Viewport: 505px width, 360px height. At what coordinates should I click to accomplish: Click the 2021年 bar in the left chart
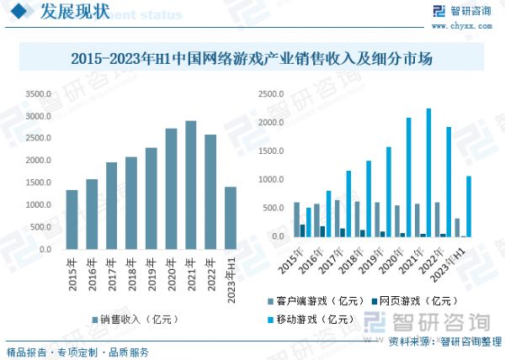(x=191, y=185)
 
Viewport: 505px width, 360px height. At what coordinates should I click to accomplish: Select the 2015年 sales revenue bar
(x=72, y=220)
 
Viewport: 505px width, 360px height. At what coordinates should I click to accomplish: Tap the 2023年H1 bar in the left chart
(x=231, y=218)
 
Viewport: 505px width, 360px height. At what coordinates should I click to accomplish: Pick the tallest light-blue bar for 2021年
(x=428, y=172)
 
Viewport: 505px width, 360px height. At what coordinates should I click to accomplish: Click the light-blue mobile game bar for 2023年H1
(x=469, y=206)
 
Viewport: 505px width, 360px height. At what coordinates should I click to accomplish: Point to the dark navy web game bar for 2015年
(x=303, y=230)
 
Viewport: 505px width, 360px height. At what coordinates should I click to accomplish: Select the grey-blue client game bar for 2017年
(x=337, y=218)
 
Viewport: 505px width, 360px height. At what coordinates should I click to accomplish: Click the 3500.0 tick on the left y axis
(x=37, y=94)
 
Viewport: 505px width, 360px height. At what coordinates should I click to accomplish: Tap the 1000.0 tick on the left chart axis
(x=37, y=205)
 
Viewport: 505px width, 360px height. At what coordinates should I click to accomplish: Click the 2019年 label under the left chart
(x=151, y=273)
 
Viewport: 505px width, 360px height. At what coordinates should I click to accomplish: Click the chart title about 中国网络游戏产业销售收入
(x=252, y=59)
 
